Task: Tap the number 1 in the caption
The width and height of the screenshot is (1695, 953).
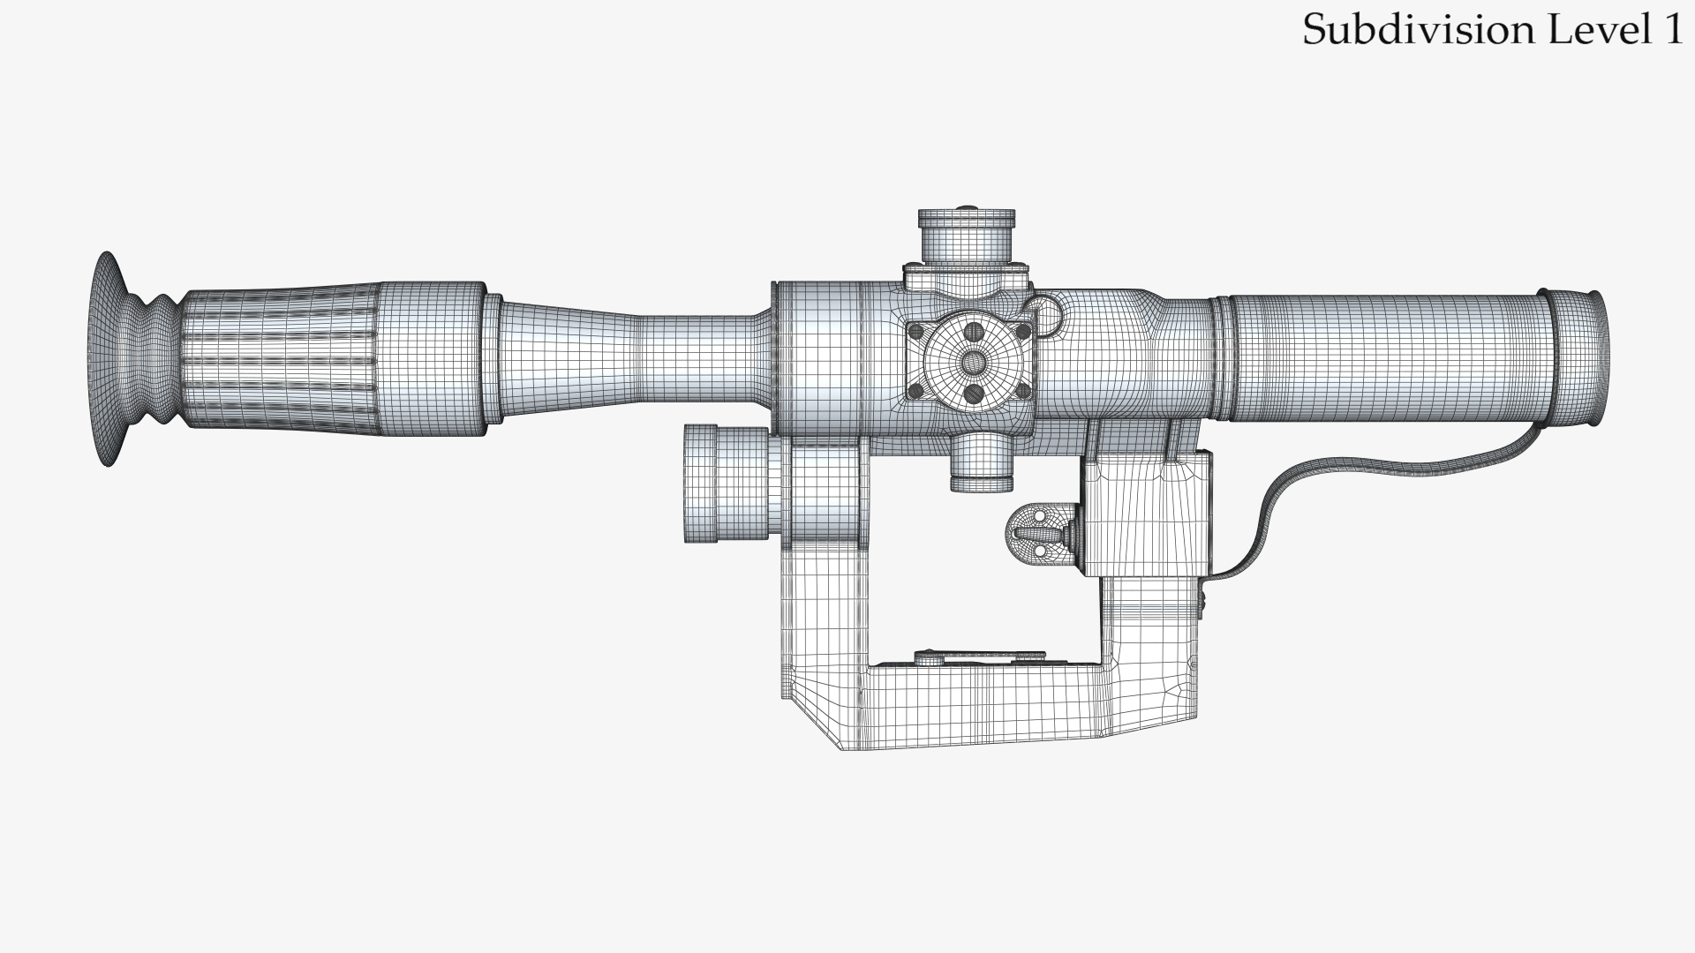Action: pyautogui.click(x=1671, y=30)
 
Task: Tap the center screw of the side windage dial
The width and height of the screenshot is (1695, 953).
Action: pyautogui.click(x=973, y=361)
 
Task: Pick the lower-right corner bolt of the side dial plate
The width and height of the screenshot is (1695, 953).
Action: pyautogui.click(x=1024, y=391)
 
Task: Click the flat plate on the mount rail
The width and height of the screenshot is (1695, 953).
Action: pyautogui.click(x=980, y=657)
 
